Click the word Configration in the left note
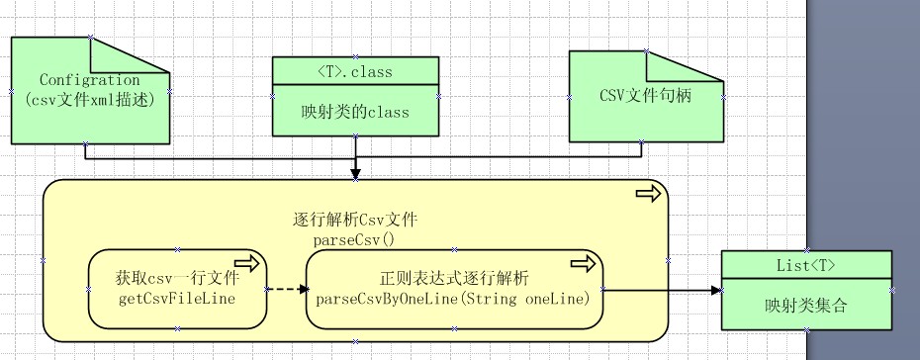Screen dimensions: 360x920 (x=89, y=80)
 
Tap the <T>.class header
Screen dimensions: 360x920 (x=356, y=71)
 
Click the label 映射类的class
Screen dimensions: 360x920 (x=356, y=111)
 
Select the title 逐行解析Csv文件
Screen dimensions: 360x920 (x=355, y=220)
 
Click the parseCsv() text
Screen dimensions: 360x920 (x=354, y=239)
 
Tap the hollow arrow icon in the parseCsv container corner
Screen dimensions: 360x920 (x=648, y=194)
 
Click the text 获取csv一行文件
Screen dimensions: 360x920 (x=177, y=278)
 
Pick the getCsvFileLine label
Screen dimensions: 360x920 (x=177, y=296)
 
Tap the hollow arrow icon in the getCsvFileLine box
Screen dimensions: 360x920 (x=247, y=262)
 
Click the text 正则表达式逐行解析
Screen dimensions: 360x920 (x=454, y=278)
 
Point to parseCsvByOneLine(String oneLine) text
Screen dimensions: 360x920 (x=453, y=297)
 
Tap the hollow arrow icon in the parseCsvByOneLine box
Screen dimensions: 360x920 (x=583, y=263)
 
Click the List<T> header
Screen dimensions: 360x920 (x=806, y=264)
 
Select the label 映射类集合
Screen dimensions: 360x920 (x=806, y=304)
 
